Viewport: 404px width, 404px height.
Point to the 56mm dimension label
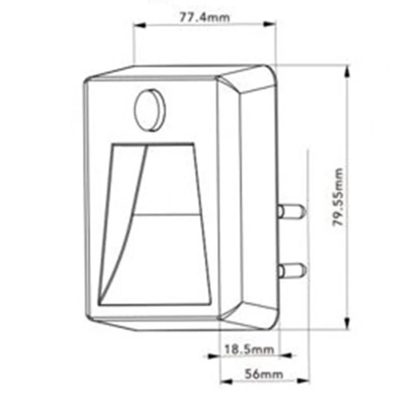(x=264, y=374)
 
